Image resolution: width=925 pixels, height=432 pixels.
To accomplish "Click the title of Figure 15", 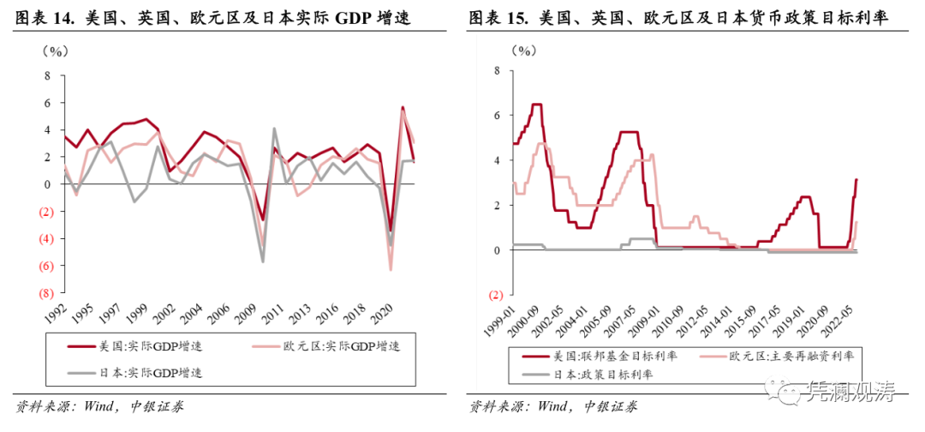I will click(677, 16).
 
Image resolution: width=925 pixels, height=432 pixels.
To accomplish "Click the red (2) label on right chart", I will click(494, 295).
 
